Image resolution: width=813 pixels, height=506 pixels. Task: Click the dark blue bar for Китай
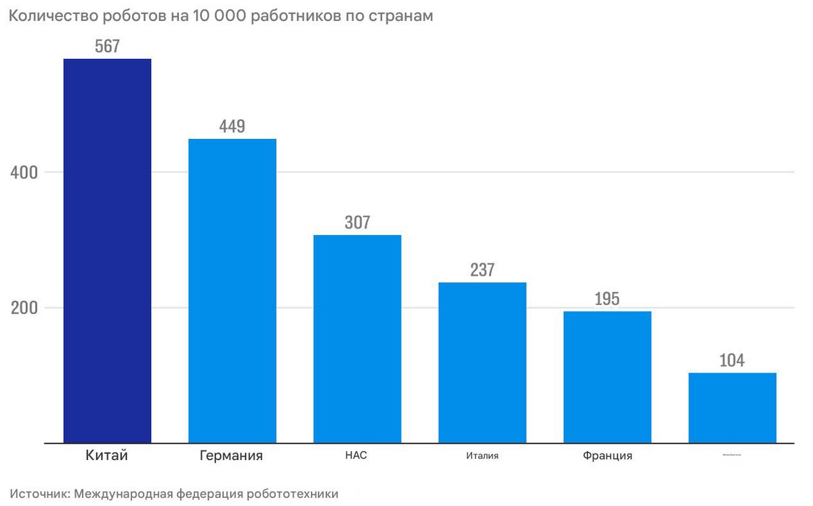coord(107,251)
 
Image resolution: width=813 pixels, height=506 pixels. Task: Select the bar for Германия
coord(232,291)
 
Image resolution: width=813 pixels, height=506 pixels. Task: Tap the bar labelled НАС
coord(357,339)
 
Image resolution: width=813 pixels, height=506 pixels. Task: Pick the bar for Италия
coord(482,362)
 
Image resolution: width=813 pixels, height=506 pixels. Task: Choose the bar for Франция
coord(607,377)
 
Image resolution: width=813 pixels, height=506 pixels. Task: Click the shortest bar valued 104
coord(732,408)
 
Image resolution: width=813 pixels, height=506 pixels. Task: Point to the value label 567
coord(107,47)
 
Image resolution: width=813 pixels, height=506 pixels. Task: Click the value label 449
coord(232,127)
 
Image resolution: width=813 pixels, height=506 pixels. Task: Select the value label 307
coord(357,223)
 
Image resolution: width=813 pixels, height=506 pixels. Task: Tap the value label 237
coord(482,270)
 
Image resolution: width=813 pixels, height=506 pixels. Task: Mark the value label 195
coord(607,299)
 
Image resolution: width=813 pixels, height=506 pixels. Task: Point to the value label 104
coord(732,361)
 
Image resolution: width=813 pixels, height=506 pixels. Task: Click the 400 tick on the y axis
coord(24,173)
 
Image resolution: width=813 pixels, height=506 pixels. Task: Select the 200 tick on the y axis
coord(24,308)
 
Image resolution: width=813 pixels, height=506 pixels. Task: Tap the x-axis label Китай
coord(107,456)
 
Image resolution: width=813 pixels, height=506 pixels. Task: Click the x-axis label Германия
coord(231,456)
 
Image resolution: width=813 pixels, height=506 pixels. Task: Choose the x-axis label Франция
coord(607,456)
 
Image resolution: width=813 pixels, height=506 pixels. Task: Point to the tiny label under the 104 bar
coord(732,455)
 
